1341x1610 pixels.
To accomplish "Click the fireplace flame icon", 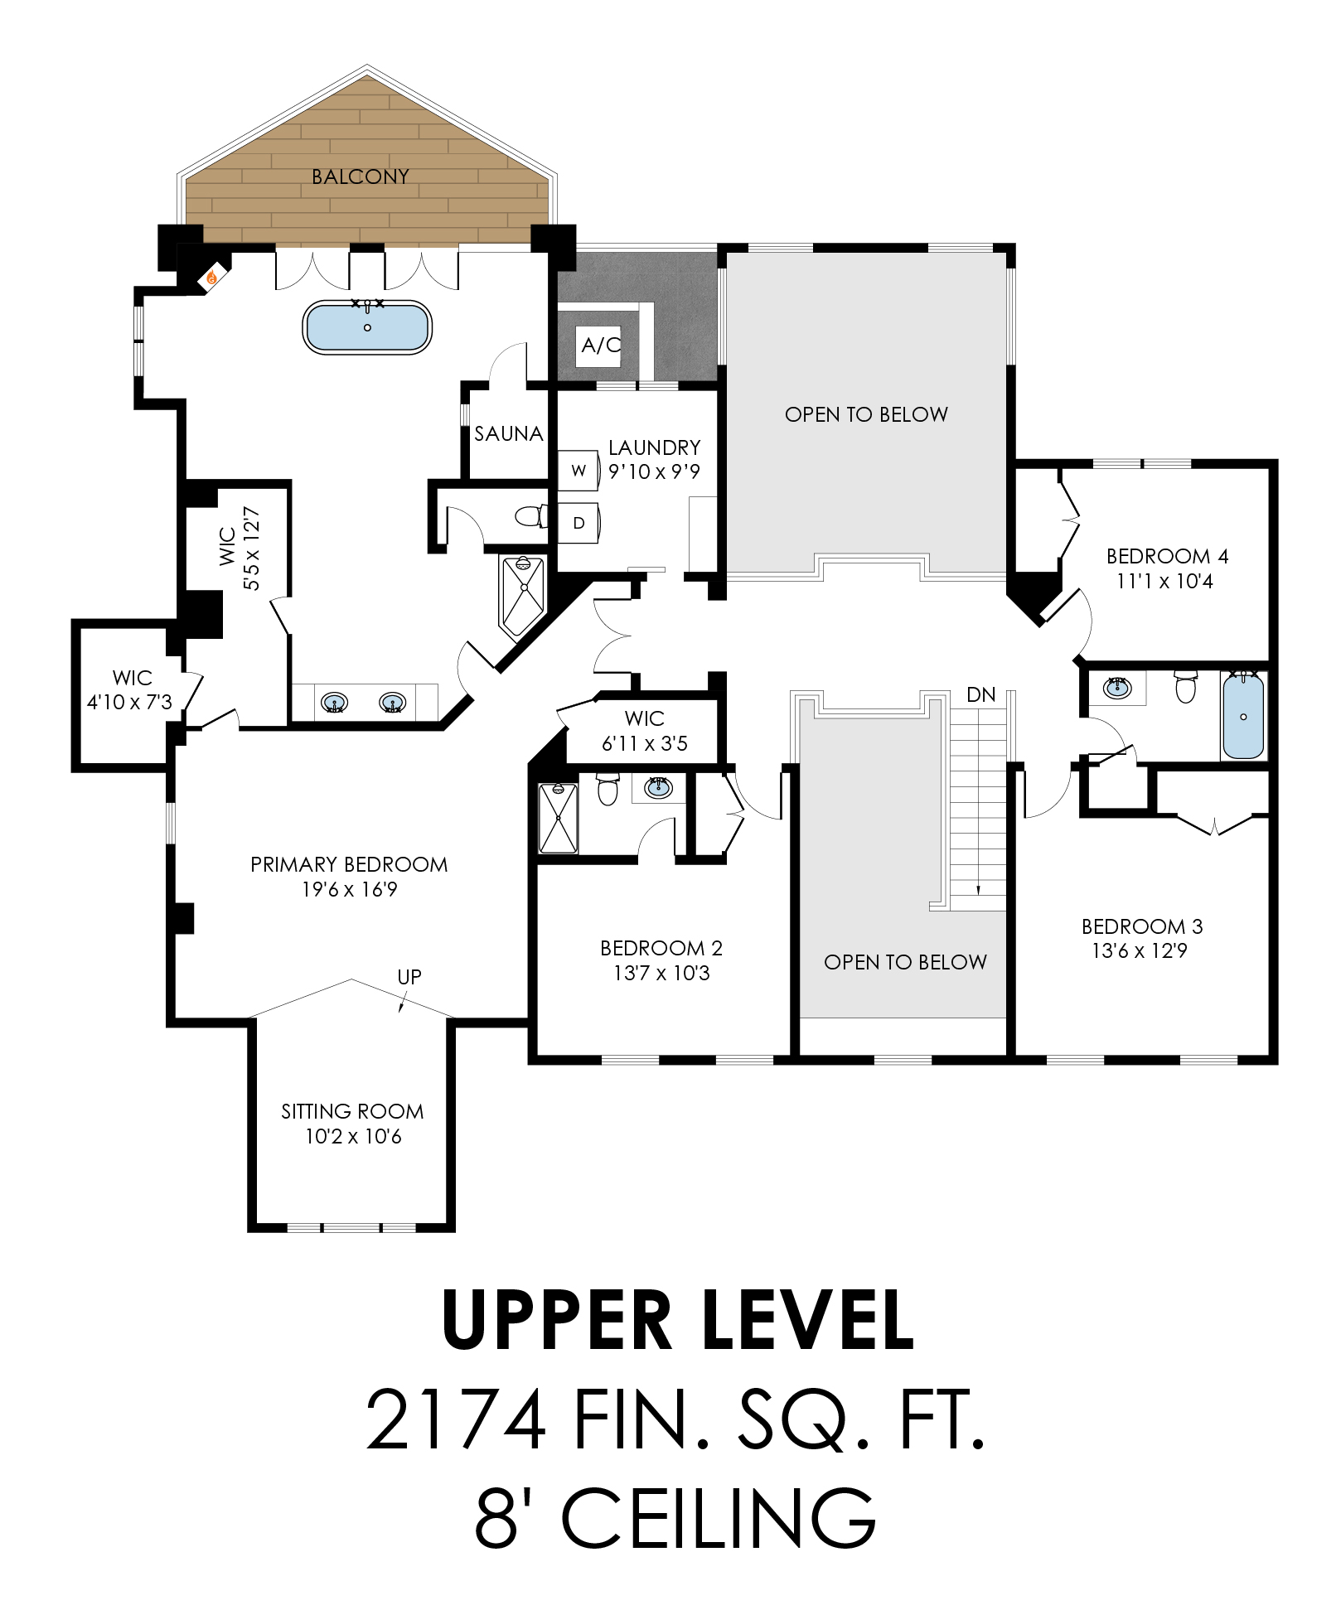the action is click(213, 277).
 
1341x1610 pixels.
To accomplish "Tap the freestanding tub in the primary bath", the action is click(367, 327).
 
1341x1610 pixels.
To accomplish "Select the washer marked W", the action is click(578, 471).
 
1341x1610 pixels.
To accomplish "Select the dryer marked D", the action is click(579, 523).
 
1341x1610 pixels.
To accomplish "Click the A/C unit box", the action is click(599, 345).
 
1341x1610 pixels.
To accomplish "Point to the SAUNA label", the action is click(508, 433).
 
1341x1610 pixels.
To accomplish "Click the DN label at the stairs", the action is click(981, 694).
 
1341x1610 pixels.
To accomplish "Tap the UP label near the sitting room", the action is click(409, 977).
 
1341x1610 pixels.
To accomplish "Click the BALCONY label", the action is click(361, 176).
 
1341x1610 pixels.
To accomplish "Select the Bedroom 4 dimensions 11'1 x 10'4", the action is click(1164, 581).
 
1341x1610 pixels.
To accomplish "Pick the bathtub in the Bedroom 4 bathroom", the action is click(1243, 716).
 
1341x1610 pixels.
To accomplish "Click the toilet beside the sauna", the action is click(531, 516).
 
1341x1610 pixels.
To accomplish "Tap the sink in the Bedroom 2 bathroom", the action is click(658, 787).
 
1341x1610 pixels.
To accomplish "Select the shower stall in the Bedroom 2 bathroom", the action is click(558, 818).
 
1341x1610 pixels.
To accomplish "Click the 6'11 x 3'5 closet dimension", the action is click(645, 743).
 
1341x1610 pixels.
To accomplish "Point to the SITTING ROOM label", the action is click(352, 1111).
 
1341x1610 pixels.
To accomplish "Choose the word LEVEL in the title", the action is click(808, 1321).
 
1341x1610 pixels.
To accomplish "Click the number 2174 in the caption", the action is click(455, 1420).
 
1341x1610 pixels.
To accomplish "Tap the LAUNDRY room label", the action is click(655, 447).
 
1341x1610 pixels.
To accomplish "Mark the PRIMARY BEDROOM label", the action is click(349, 864).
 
